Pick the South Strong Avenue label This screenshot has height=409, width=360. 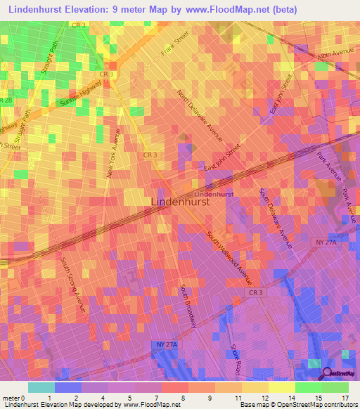coord(73,285)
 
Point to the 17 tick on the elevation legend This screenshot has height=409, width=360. coord(345,398)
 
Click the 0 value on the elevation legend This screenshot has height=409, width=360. coord(23,398)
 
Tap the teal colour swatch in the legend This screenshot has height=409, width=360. coord(41,387)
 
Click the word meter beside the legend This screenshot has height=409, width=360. coord(11,398)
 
